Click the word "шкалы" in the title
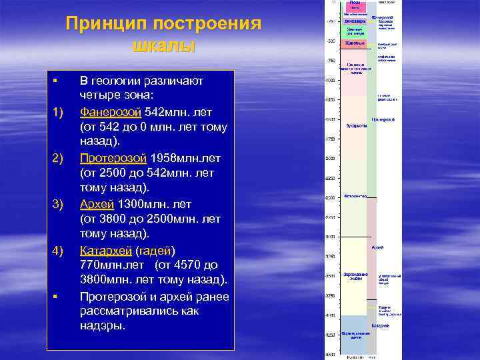(x=163, y=47)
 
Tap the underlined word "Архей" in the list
(x=97, y=204)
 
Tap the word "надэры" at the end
(x=102, y=327)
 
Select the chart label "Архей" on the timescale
(x=377, y=247)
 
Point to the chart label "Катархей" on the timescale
(x=381, y=325)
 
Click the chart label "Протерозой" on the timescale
(x=383, y=120)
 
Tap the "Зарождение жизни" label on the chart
(x=354, y=276)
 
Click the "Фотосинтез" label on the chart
(x=355, y=197)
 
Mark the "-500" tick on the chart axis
(x=329, y=41)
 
